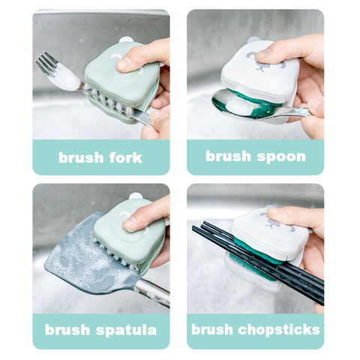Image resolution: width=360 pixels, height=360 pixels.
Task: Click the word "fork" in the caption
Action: [x=126, y=157]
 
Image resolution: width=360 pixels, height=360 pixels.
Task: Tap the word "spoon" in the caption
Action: [x=281, y=157]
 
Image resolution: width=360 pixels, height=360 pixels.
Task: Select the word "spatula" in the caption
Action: [x=126, y=331]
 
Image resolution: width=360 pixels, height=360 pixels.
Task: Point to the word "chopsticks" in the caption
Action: [x=279, y=330]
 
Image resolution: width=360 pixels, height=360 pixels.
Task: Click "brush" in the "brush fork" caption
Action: [x=81, y=157]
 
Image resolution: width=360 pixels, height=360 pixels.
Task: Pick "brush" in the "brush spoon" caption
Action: [x=228, y=156]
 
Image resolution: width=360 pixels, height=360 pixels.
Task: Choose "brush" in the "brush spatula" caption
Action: [x=67, y=329]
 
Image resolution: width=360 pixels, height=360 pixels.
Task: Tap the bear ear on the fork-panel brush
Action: [x=126, y=40]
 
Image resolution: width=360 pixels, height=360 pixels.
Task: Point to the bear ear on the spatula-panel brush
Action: [x=135, y=196]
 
